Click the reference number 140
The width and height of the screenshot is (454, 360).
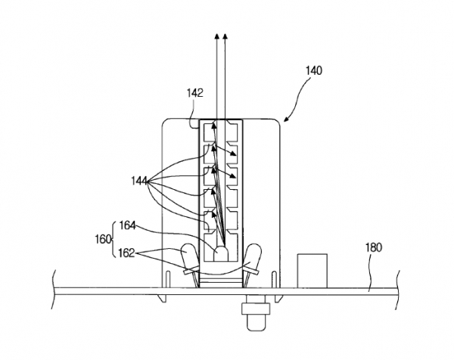pyautogui.click(x=314, y=70)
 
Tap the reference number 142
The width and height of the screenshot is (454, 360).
pyautogui.click(x=195, y=93)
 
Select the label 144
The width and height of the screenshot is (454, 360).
pyautogui.click(x=139, y=182)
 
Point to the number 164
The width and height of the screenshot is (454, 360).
pyautogui.click(x=127, y=225)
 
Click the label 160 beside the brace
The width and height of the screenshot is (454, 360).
pyautogui.click(x=104, y=240)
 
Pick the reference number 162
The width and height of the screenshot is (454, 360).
pyautogui.click(x=126, y=253)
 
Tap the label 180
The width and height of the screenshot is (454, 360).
pyautogui.click(x=374, y=248)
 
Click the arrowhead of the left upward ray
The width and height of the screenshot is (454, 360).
pyautogui.click(x=216, y=36)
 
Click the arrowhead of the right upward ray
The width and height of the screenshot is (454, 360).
pyautogui.click(x=225, y=36)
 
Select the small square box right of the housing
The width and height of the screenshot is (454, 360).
pyautogui.click(x=313, y=271)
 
